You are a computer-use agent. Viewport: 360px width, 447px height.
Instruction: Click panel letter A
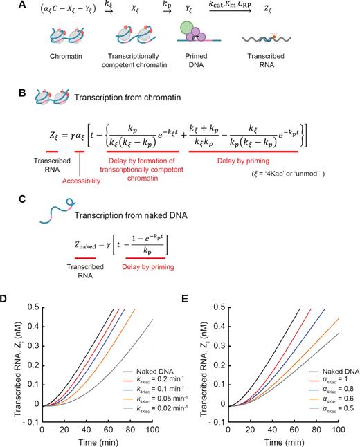click(x=22, y=6)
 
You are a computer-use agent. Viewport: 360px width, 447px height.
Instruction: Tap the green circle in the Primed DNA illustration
click(x=188, y=28)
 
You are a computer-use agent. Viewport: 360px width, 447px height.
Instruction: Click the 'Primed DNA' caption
click(x=196, y=60)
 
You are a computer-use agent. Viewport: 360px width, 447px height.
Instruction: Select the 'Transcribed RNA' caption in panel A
click(x=266, y=60)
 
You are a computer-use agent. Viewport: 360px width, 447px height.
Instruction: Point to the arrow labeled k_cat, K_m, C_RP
click(x=231, y=11)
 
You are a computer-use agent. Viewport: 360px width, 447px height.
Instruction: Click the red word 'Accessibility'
click(x=81, y=181)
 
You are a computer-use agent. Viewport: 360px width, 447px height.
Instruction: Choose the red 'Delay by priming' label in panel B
click(x=243, y=161)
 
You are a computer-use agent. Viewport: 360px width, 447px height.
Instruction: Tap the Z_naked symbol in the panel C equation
click(x=85, y=245)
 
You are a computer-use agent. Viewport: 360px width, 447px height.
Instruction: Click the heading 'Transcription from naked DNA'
click(x=131, y=215)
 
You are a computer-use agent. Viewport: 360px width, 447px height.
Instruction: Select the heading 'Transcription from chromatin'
click(x=127, y=98)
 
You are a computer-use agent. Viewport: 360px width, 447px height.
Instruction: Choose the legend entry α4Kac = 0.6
click(x=332, y=399)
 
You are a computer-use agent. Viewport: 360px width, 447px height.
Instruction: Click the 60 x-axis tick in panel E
click(x=294, y=430)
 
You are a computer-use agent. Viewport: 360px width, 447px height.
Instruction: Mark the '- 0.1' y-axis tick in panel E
click(x=217, y=422)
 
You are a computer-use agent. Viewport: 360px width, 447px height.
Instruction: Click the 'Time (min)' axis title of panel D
click(x=98, y=442)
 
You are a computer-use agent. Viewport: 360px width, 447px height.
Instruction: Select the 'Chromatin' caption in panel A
click(x=66, y=57)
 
